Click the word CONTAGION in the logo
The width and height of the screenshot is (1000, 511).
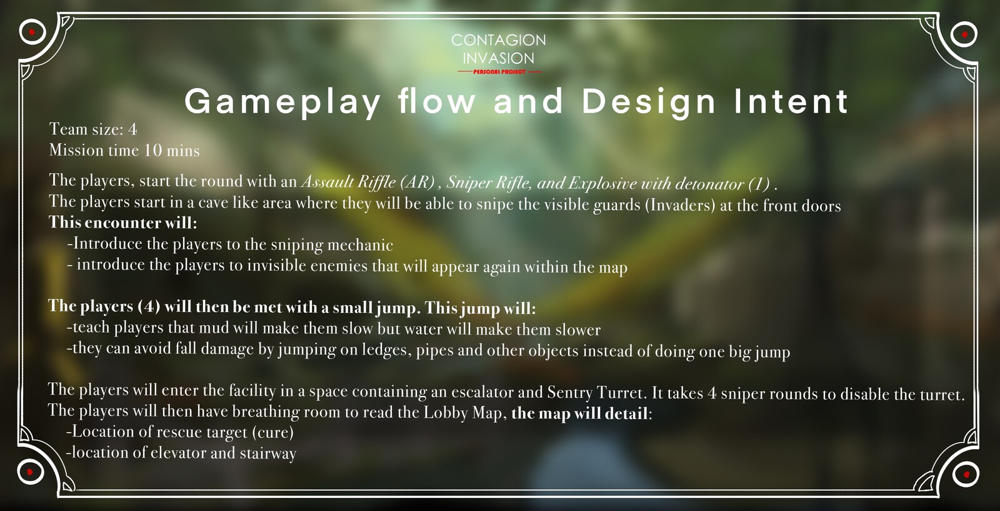(498, 40)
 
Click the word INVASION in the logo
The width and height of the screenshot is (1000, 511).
(498, 59)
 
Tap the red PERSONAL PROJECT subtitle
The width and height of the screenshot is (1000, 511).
(499, 71)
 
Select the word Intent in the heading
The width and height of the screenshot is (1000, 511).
(791, 101)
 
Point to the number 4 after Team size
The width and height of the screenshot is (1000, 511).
(132, 129)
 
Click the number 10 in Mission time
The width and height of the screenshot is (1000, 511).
(152, 150)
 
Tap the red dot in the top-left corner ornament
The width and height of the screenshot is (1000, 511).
(32, 32)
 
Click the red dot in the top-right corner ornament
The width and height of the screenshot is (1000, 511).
(965, 34)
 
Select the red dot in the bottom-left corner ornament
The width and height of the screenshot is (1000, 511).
(30, 472)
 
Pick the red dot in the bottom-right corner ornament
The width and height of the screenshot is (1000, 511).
(966, 474)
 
